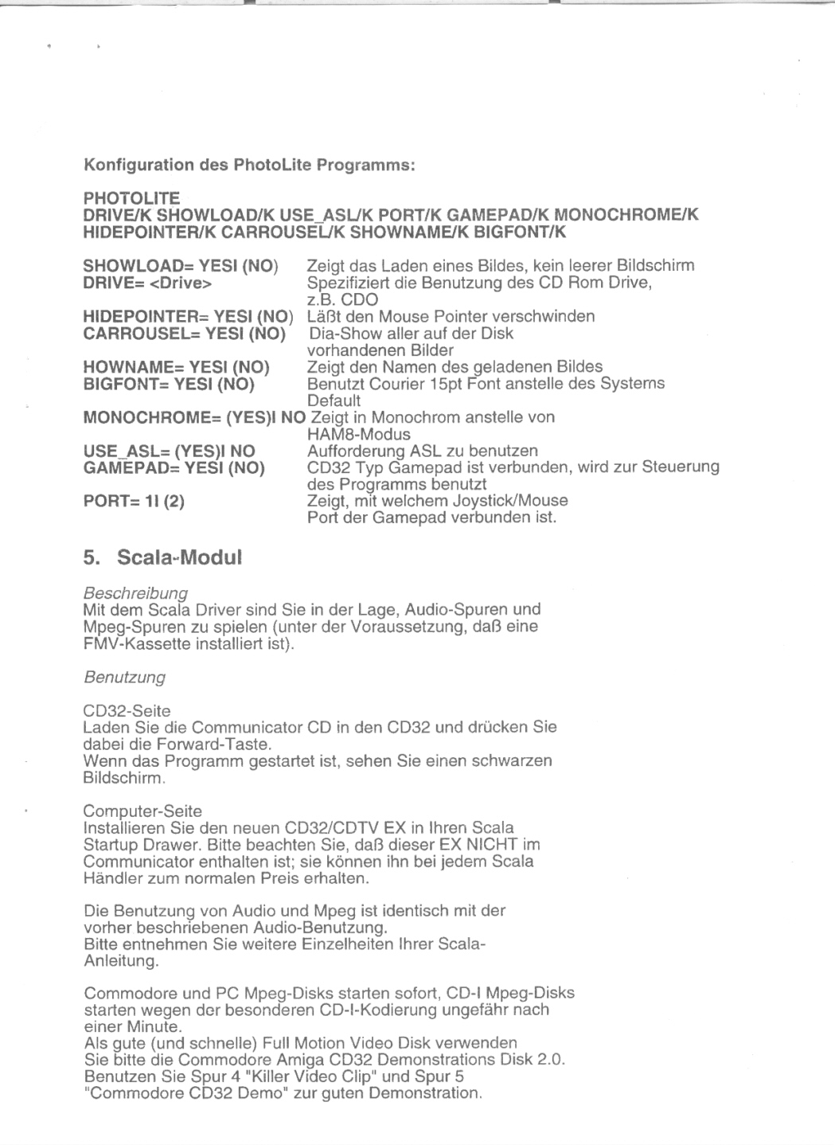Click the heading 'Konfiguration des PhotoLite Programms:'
point(249,166)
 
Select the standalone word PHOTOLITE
point(132,197)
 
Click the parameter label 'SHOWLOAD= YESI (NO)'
point(181,266)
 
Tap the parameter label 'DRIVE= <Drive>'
point(147,283)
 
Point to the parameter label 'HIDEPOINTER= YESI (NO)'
point(188,317)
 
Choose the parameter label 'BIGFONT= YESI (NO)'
point(169,384)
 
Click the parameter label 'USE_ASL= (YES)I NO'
point(169,451)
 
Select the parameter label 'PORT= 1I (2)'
point(134,502)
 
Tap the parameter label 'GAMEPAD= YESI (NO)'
point(174,468)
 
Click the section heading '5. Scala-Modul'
point(162,557)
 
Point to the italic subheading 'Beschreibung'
point(136,593)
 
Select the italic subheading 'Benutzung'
point(125,678)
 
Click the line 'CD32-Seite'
point(127,710)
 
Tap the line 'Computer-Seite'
point(142,811)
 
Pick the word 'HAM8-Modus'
point(359,435)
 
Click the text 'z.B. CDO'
point(342,300)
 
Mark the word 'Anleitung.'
point(121,961)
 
